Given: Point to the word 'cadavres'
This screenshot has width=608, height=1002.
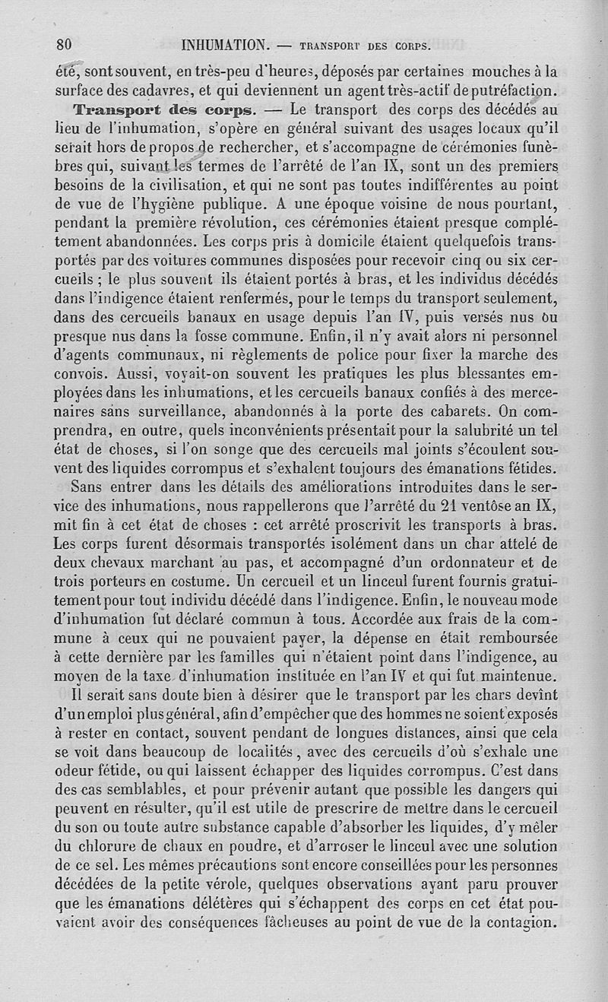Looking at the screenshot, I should coord(161,90).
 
